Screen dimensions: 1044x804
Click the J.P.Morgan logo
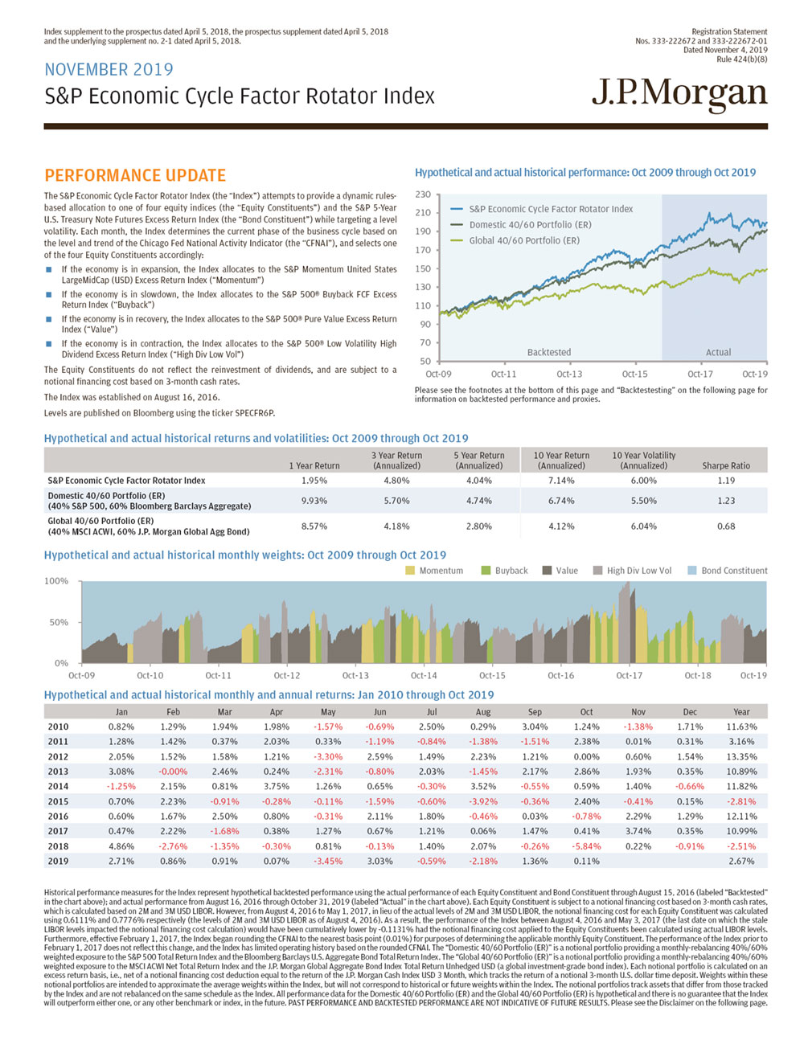[679, 95]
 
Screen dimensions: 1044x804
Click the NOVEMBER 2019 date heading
[109, 70]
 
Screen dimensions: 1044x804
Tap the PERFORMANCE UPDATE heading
[135, 175]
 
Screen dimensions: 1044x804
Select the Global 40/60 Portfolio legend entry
[523, 240]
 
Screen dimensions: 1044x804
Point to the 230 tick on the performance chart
[423, 194]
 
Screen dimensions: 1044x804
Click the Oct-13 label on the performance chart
[569, 374]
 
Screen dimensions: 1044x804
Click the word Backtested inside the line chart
[549, 352]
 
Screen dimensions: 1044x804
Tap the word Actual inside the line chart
[718, 352]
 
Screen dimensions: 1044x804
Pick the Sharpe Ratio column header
[726, 465]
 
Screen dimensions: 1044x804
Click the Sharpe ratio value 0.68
[726, 526]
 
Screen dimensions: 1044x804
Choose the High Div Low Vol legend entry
[638, 571]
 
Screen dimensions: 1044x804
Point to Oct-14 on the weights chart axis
[424, 676]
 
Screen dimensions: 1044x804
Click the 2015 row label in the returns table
[58, 801]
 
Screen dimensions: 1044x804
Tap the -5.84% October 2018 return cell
[586, 846]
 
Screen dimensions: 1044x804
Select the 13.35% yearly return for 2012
[741, 756]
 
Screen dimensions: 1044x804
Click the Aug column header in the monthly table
[483, 712]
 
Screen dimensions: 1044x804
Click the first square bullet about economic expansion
[50, 270]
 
